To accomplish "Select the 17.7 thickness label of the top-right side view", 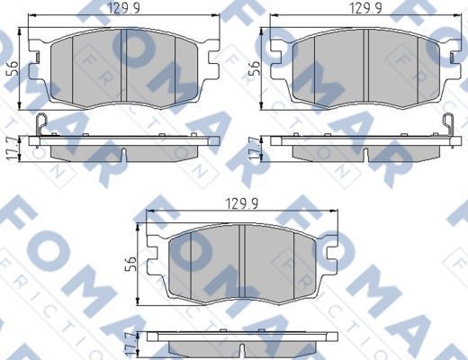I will pos(253,146).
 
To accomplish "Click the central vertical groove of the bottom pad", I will pos(245,261).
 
